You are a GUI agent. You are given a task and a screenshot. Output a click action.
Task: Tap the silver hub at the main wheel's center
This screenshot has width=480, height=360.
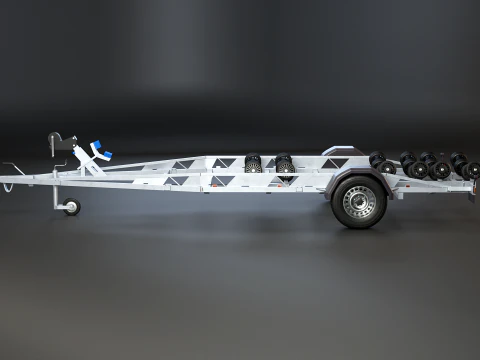click(358, 201)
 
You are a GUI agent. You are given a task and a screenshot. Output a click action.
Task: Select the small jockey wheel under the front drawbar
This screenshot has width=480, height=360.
click(71, 208)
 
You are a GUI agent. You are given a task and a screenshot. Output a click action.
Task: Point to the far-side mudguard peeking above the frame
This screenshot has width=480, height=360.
click(335, 152)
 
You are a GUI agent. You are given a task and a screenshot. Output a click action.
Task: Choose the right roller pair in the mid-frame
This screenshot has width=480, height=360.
click(284, 163)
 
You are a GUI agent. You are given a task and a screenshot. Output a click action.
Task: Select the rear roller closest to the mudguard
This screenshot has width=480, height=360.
click(378, 160)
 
